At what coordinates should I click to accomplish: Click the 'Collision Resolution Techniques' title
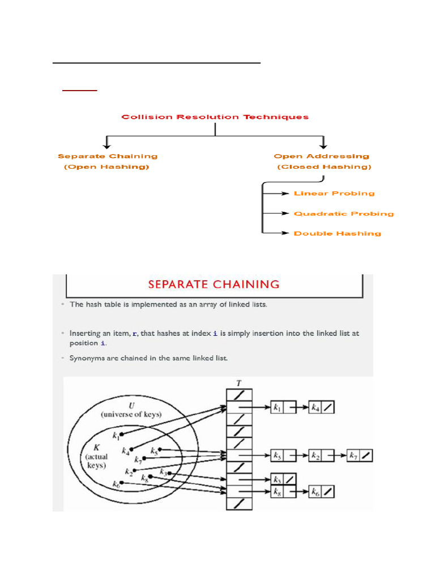click(215, 117)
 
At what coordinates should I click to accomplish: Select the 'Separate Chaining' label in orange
click(108, 156)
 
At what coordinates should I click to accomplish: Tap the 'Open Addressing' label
click(321, 156)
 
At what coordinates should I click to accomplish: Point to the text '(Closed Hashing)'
click(324, 167)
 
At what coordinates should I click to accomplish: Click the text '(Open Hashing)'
click(106, 167)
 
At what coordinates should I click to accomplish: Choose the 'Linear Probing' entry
click(334, 194)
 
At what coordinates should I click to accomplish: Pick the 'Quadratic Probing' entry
click(344, 214)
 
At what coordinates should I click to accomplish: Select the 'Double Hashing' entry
click(338, 233)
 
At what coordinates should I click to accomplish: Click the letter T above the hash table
click(238, 383)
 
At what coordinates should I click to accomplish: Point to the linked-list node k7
click(359, 455)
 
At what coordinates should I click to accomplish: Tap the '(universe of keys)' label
click(131, 415)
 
